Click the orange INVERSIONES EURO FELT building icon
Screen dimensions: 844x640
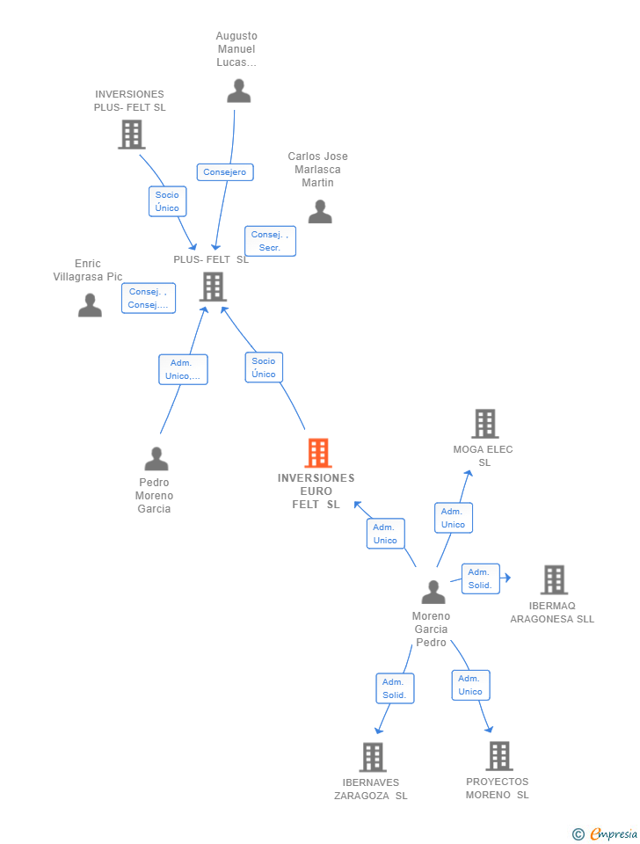click(x=317, y=453)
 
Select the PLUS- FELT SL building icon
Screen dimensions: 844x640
click(x=212, y=287)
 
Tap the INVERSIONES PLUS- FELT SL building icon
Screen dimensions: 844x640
click(x=131, y=135)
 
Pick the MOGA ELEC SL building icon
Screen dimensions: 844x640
click(x=484, y=424)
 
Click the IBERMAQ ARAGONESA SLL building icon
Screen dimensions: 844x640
click(x=553, y=579)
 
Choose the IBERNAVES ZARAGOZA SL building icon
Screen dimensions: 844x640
click(x=372, y=757)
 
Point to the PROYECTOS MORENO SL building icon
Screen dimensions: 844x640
click(x=498, y=756)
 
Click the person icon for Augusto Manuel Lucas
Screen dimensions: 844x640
click(x=238, y=91)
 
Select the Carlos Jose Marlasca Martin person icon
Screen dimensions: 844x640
click(x=319, y=211)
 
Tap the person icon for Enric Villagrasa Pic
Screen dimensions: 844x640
click(x=90, y=305)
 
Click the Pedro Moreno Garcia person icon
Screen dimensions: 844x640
click(x=156, y=458)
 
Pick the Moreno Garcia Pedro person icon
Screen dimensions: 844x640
click(x=433, y=592)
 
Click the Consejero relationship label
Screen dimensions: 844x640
click(x=225, y=172)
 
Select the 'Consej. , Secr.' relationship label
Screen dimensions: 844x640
click(x=270, y=241)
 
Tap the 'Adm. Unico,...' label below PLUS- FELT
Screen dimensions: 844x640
click(x=183, y=369)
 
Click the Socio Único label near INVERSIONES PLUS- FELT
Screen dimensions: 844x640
click(x=167, y=201)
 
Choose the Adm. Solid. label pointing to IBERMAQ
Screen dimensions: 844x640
click(x=480, y=578)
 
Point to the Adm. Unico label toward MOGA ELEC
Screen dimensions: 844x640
click(x=453, y=518)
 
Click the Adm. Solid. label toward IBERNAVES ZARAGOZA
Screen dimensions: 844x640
click(x=394, y=688)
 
